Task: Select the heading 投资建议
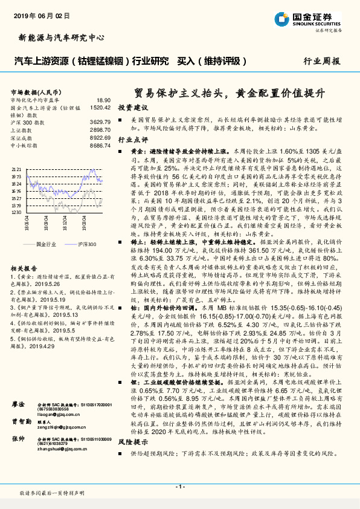pyautogui.click(x=133, y=106)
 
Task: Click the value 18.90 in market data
pyautogui.click(x=103, y=100)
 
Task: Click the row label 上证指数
pyautogui.click(x=21, y=130)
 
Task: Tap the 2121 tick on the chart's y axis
pyautogui.click(x=16, y=169)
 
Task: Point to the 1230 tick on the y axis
pyautogui.click(x=16, y=212)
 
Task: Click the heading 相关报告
pyautogui.click(x=24, y=268)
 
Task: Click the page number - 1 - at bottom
pyautogui.click(x=179, y=487)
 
